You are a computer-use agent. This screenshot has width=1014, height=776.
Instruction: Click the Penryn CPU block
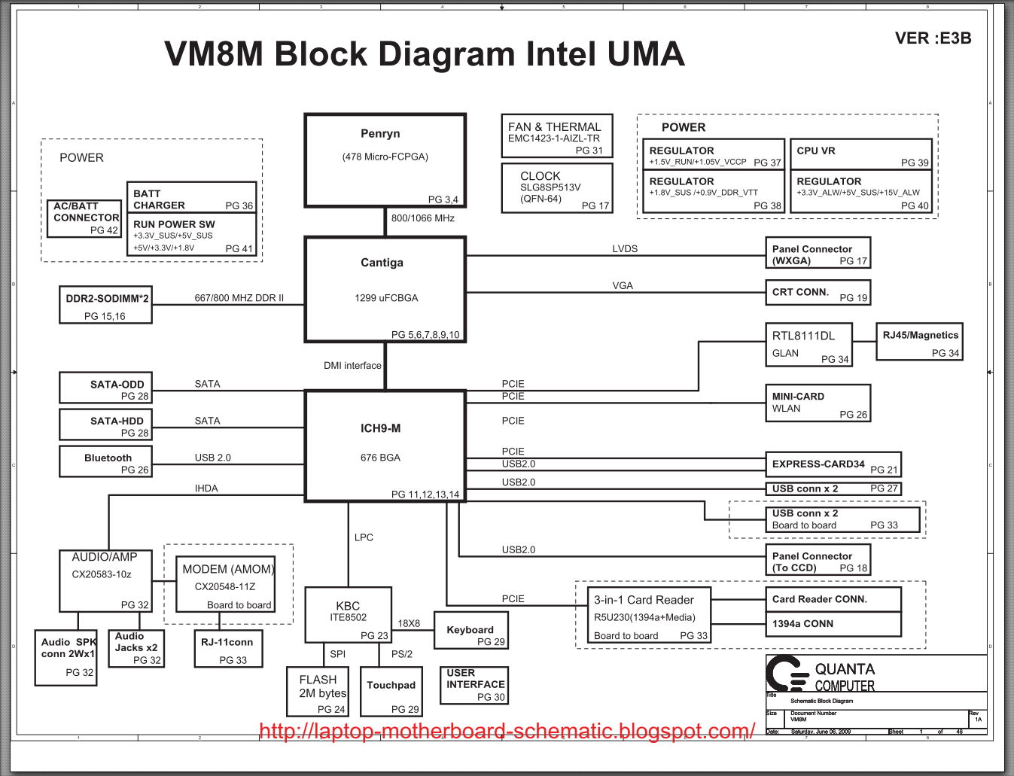(x=385, y=160)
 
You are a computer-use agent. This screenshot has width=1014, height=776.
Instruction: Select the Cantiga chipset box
(x=385, y=289)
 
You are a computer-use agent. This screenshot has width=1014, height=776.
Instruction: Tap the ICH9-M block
(x=385, y=445)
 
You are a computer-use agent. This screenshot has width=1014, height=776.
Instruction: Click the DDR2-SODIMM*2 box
(x=105, y=305)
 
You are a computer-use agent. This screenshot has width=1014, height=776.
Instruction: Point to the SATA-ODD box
(x=105, y=388)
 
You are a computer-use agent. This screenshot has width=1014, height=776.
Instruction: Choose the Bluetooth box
(x=105, y=461)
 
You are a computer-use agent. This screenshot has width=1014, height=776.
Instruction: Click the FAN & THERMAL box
(x=556, y=136)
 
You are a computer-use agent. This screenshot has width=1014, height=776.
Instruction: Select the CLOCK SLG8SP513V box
(x=556, y=188)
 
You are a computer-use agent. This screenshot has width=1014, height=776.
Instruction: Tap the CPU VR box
(x=860, y=154)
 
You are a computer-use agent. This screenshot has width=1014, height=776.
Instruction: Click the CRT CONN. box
(x=818, y=293)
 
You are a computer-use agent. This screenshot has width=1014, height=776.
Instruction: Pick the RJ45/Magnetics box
(x=919, y=342)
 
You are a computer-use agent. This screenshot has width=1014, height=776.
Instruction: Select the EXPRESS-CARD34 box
(x=833, y=464)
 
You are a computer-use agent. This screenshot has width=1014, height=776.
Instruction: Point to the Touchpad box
(x=391, y=691)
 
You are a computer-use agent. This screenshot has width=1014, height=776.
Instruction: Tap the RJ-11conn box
(x=228, y=649)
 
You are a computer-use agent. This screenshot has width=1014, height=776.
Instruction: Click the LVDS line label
(x=625, y=248)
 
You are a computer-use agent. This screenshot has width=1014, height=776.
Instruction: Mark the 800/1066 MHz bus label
(x=423, y=218)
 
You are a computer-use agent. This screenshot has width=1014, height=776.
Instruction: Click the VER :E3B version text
(x=933, y=38)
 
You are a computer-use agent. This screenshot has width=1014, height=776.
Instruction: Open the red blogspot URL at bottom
(x=507, y=731)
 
